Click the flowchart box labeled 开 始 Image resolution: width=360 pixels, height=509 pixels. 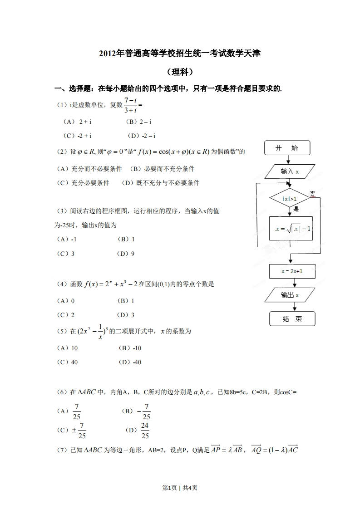click(287, 148)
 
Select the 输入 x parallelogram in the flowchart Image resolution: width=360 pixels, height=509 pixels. click(289, 171)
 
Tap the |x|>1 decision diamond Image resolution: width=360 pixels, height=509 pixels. click(290, 199)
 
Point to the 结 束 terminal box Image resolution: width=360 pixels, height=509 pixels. click(292, 319)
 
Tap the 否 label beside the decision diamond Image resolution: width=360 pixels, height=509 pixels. click(312, 194)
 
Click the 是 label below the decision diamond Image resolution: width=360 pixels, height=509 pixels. click(296, 209)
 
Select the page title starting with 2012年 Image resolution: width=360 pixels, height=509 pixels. click(180, 54)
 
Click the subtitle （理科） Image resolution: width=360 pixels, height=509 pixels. click(180, 72)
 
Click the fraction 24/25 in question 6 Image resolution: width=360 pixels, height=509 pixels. click(145, 431)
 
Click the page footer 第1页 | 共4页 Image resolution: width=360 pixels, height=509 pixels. click(180, 488)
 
